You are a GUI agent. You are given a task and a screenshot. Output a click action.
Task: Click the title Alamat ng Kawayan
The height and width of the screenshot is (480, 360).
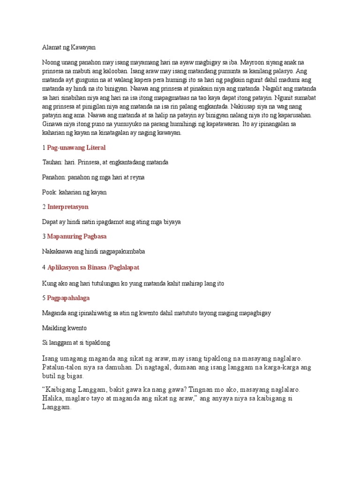click(68, 47)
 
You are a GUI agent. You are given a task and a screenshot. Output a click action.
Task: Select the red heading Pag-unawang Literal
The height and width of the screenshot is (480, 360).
click(76, 148)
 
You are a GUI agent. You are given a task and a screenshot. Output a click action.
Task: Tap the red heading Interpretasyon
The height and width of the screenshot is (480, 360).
click(67, 207)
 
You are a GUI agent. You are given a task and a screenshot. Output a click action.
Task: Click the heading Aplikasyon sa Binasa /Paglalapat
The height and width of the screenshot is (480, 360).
click(93, 267)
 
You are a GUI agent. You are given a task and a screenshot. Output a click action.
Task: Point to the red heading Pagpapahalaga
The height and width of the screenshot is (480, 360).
click(68, 298)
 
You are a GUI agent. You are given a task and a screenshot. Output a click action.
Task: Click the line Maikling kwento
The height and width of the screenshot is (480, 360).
click(64, 327)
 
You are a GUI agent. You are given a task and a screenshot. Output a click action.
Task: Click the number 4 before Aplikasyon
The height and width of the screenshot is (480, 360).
click(44, 267)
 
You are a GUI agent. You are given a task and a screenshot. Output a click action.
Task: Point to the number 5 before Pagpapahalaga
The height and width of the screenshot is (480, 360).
click(44, 298)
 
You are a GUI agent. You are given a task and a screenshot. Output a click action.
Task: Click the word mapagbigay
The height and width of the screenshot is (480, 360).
click(254, 313)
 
